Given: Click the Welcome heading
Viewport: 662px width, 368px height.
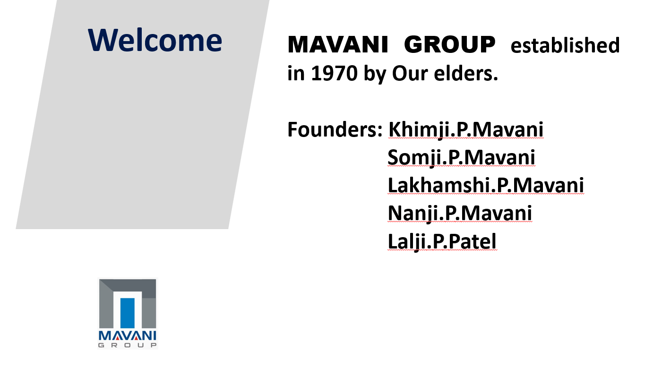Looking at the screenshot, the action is (155, 40).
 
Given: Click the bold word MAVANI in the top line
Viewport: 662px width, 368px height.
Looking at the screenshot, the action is (338, 44).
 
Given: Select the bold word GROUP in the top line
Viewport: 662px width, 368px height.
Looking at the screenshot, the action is (449, 44).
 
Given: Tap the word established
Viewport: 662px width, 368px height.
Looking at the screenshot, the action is (565, 45).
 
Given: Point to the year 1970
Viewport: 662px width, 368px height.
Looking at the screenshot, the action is (334, 73).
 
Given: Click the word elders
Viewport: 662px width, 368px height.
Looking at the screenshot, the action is (466, 73).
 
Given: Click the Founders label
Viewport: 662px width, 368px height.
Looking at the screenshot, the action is (335, 129).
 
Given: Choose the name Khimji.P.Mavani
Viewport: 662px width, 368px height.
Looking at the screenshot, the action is (466, 129).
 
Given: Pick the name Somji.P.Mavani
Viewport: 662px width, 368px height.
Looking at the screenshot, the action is (461, 157).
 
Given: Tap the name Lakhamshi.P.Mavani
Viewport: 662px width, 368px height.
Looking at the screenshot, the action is (486, 185).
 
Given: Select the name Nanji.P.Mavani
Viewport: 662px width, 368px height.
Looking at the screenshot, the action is (460, 213).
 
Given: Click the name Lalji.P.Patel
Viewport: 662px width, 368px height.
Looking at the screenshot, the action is (442, 241).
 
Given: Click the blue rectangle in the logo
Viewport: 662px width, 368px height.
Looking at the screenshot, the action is (128, 313).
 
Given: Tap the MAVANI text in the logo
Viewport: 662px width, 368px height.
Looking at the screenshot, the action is (128, 336).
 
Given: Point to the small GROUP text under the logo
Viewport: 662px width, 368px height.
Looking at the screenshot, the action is (128, 345).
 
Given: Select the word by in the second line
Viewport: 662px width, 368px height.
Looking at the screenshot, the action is (375, 74).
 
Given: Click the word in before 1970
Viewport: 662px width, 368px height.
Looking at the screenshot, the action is (296, 73).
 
